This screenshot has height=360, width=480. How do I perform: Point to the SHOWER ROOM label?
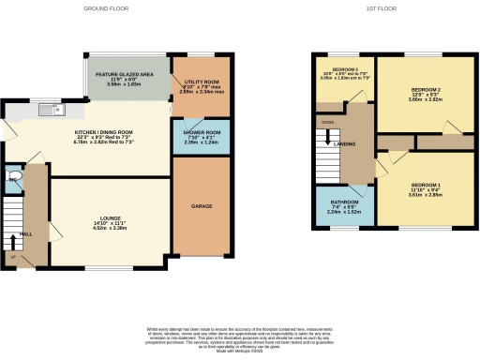tap(194, 133)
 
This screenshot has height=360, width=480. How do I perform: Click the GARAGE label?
tap(201, 206)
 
